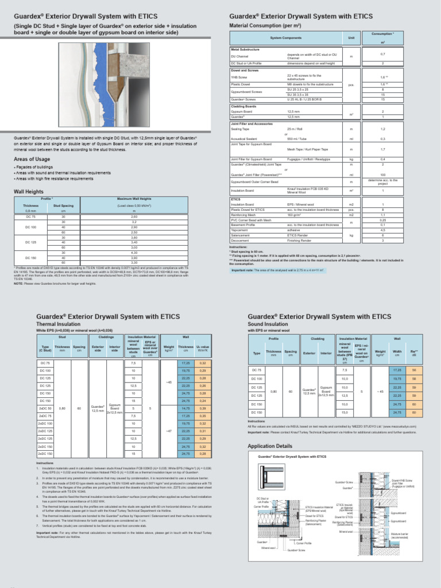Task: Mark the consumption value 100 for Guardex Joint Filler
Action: tap(382, 175)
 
